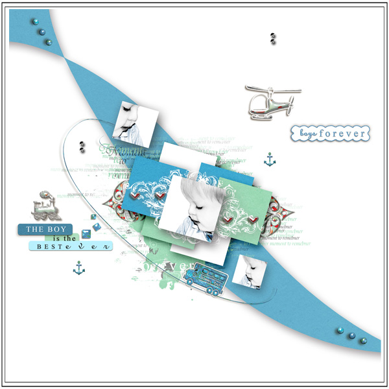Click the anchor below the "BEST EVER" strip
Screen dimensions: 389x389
(x=78, y=266)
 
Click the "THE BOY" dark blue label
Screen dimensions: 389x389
(x=47, y=230)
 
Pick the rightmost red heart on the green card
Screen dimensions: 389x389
(x=255, y=221)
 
